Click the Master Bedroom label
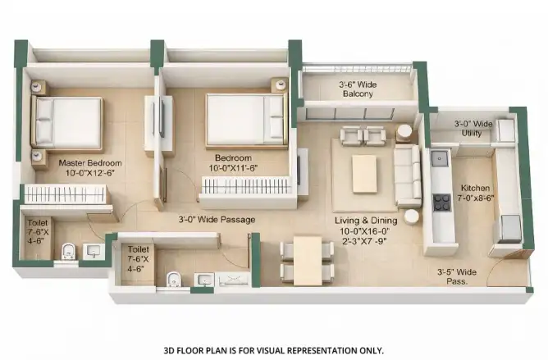(90, 163)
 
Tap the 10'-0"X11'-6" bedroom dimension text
(233, 168)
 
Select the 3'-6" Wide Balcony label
(358, 89)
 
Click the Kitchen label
(475, 188)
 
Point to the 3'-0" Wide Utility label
(473, 128)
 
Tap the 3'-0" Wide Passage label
(217, 220)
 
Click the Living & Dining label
(366, 221)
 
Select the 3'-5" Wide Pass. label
(457, 276)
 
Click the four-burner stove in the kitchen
(441, 203)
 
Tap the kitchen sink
(440, 159)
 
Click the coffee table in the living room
(364, 174)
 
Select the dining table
(308, 261)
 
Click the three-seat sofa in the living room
(407, 175)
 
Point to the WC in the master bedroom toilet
(69, 252)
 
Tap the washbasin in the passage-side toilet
(204, 280)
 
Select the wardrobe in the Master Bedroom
(65, 194)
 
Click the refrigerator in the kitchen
(510, 229)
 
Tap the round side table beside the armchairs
(404, 133)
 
